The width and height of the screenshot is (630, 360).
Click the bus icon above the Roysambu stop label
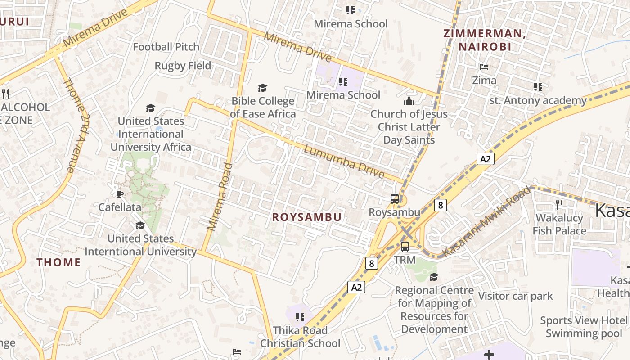(395, 199)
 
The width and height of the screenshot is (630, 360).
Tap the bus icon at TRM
(405, 247)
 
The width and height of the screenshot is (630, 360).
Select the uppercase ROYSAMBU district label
(307, 217)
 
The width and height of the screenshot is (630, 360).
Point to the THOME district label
(58, 262)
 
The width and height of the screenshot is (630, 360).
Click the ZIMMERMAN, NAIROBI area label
(485, 40)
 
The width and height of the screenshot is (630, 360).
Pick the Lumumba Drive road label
(344, 162)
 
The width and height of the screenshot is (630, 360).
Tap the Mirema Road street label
(220, 197)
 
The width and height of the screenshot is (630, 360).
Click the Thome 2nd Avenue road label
(75, 126)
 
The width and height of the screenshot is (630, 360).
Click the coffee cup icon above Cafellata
(119, 194)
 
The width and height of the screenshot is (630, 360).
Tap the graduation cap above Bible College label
(262, 88)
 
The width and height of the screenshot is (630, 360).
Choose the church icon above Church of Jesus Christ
(409, 101)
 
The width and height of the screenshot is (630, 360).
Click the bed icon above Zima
(484, 67)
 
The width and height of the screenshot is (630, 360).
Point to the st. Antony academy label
(538, 100)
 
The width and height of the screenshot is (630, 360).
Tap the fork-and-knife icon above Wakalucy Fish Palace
(559, 204)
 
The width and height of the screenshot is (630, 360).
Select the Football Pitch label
(166, 47)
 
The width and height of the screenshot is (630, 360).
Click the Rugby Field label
(183, 66)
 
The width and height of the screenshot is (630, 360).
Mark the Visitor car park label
(515, 296)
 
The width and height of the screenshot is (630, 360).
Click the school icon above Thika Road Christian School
(300, 317)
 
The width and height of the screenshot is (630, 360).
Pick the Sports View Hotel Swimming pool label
(583, 327)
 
